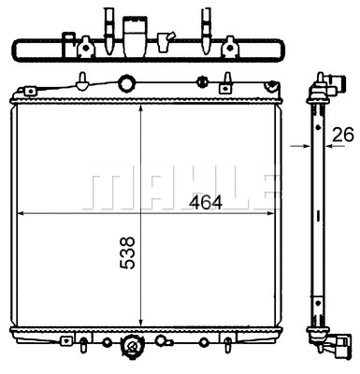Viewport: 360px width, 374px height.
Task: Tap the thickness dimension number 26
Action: tap(342, 133)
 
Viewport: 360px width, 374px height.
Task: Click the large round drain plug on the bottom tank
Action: tap(133, 350)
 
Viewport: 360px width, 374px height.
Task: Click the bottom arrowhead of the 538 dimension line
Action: tap(140, 318)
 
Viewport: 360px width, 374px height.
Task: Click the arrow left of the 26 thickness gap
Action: tap(299, 146)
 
